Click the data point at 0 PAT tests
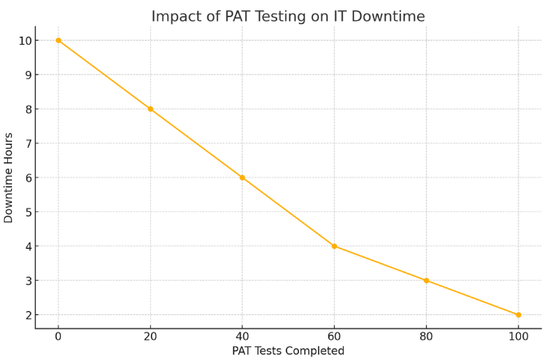[x=58, y=40]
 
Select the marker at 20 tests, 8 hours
[x=150, y=109]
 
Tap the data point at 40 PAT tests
[x=242, y=178]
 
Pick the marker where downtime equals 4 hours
[x=334, y=246]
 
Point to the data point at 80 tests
[x=426, y=281]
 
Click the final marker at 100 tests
[x=518, y=315]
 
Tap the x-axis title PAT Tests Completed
[x=288, y=351]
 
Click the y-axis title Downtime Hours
[x=9, y=178]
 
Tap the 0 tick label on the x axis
[x=58, y=337]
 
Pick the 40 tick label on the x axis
[x=242, y=337]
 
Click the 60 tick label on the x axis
[x=334, y=337]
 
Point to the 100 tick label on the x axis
[x=518, y=337]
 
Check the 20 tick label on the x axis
[x=150, y=337]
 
